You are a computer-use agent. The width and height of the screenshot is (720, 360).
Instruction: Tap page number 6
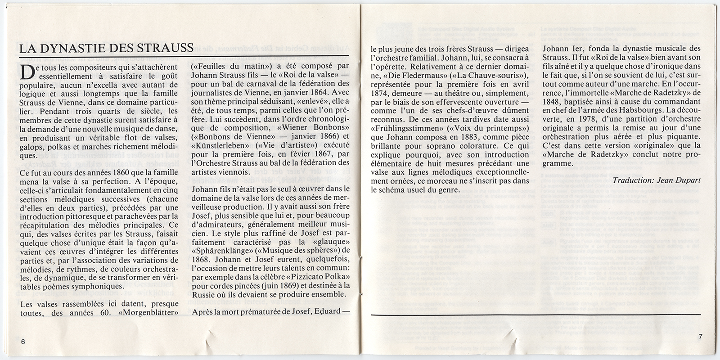click(23, 341)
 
